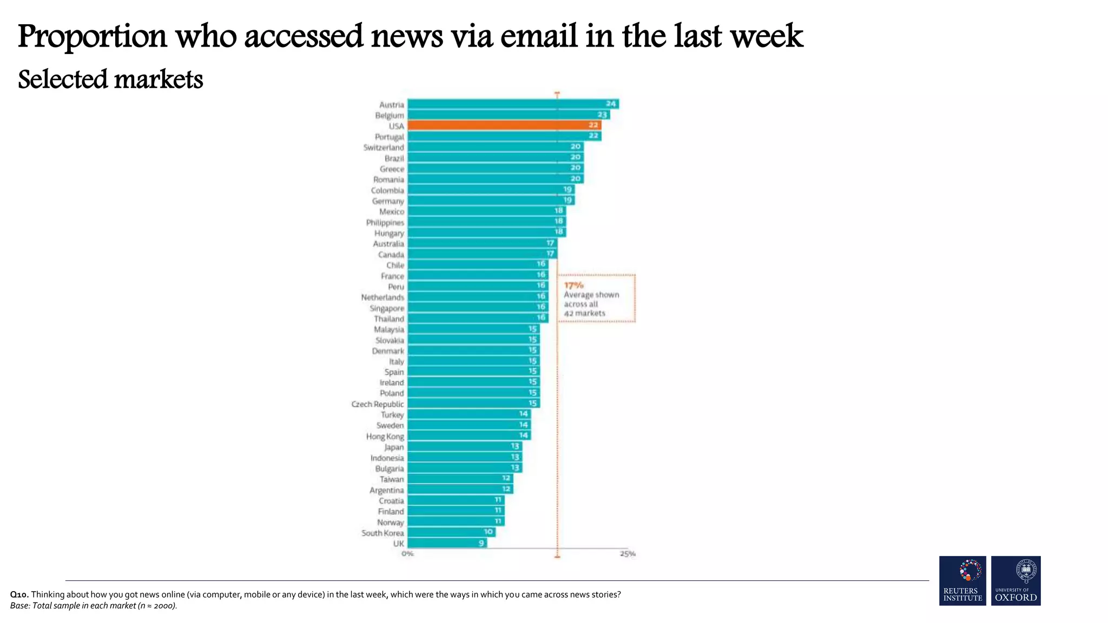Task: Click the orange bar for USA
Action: tap(503, 125)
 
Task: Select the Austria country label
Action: tap(391, 105)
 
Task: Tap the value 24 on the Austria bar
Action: tap(611, 104)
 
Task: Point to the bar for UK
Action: tap(446, 543)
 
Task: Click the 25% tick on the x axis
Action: tap(628, 554)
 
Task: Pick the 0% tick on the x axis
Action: tap(407, 554)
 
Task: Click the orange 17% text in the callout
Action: tap(573, 285)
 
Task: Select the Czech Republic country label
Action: tap(378, 404)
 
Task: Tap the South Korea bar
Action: tap(451, 532)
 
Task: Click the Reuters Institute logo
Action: tap(962, 580)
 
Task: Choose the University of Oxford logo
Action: tap(1015, 580)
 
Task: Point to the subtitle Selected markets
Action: tap(110, 79)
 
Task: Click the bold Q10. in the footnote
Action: tap(19, 594)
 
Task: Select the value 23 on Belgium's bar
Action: tap(602, 115)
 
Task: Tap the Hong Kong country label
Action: tap(385, 436)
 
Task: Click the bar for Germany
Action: tap(490, 201)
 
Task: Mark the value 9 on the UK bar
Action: tap(481, 543)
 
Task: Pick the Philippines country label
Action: tap(385, 222)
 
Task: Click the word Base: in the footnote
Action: tap(20, 606)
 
